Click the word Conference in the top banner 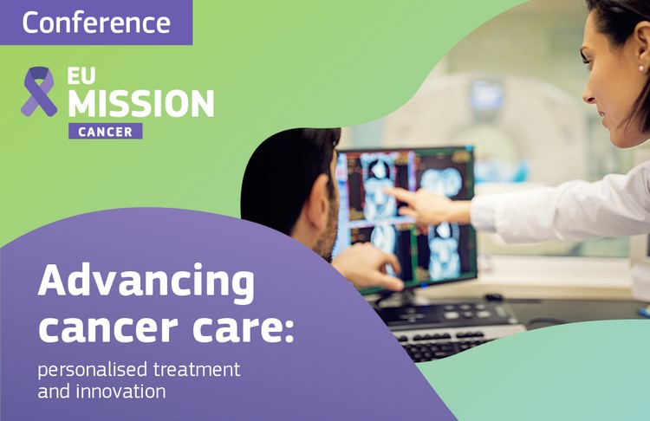coord(95,23)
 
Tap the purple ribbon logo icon coord(39,92)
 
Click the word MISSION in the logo coord(140,104)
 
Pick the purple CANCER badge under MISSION coord(106,132)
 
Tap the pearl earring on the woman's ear coord(641,67)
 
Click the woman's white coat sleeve coord(555,212)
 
